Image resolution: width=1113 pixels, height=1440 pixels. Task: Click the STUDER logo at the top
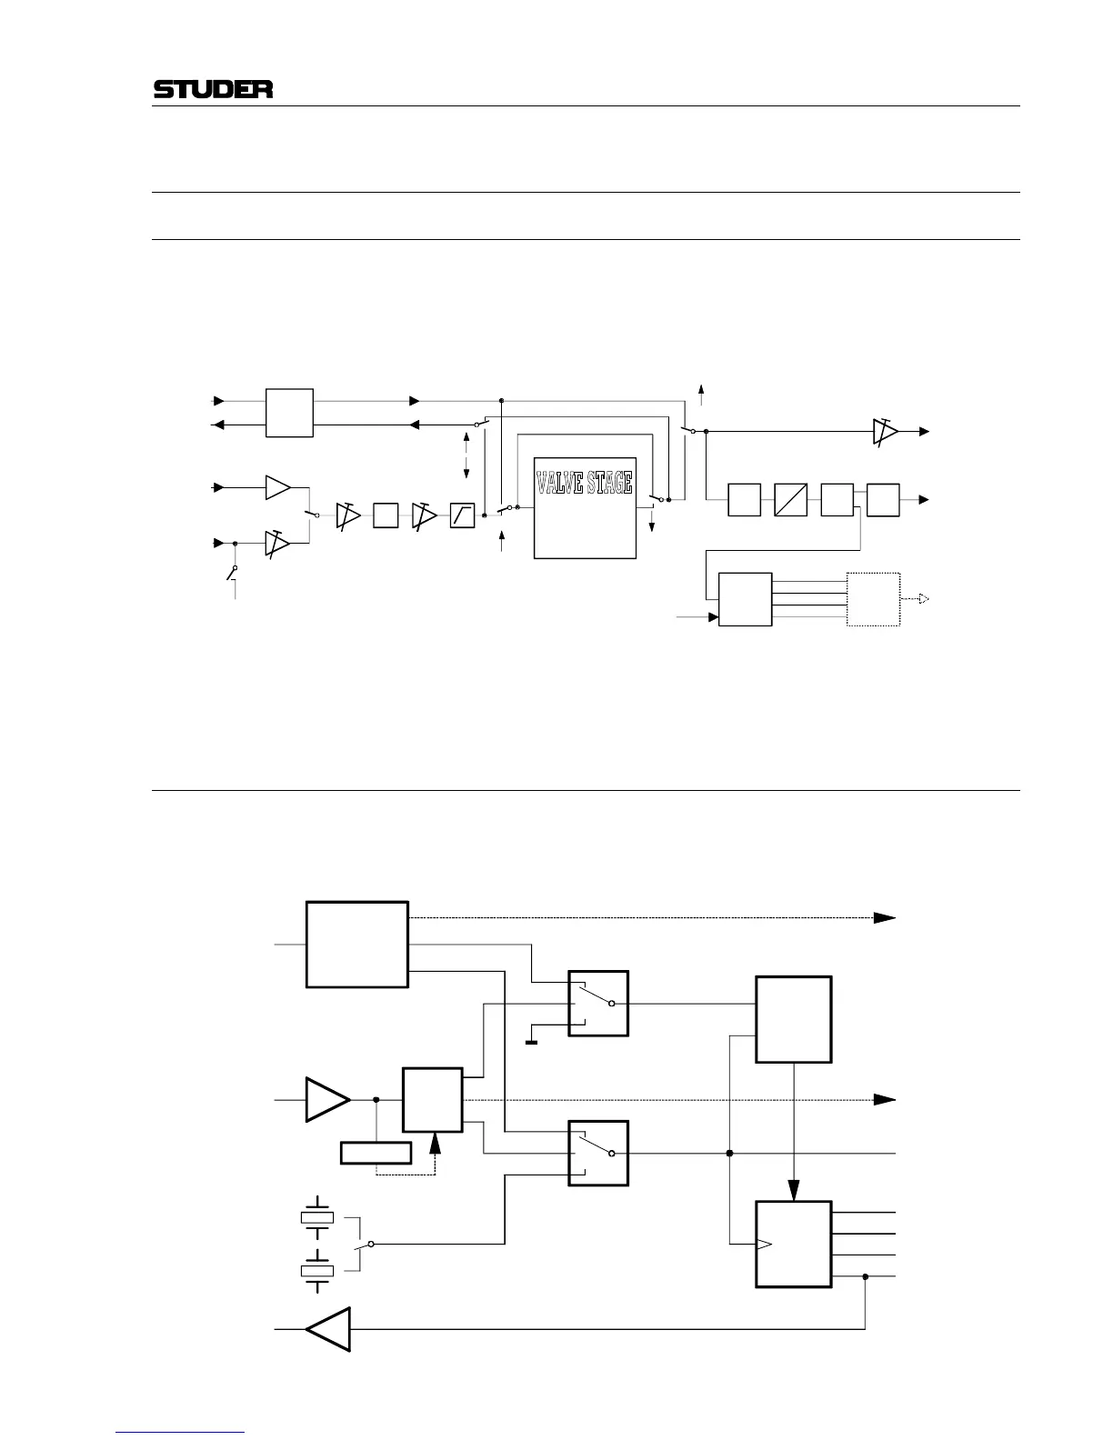pyautogui.click(x=213, y=90)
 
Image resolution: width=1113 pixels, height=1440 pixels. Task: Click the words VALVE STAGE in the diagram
pyautogui.click(x=584, y=483)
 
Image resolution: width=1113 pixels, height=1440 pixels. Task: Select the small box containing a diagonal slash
pyautogui.click(x=791, y=500)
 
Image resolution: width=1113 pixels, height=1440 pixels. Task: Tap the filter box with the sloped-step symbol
pyautogui.click(x=462, y=515)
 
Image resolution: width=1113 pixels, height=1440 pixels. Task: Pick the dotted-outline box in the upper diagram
pyautogui.click(x=873, y=599)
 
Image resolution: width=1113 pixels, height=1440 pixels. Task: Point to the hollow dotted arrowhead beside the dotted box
pyautogui.click(x=922, y=599)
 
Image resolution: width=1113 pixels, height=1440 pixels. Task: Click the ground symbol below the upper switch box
pyautogui.click(x=531, y=1042)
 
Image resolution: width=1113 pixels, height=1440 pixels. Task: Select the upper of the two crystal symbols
pyautogui.click(x=316, y=1217)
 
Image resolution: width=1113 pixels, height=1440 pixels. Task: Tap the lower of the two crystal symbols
pyautogui.click(x=316, y=1270)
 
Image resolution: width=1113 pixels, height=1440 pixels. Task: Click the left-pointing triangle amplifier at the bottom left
pyautogui.click(x=327, y=1329)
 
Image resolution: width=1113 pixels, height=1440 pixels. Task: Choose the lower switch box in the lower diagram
pyautogui.click(x=598, y=1153)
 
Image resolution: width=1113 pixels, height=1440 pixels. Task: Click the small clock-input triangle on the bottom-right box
pyautogui.click(x=764, y=1244)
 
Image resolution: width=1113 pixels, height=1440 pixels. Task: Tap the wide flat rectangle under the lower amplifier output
pyautogui.click(x=376, y=1153)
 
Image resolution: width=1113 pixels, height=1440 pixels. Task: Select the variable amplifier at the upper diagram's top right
pyautogui.click(x=884, y=432)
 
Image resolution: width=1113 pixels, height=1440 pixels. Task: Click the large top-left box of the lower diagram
pyautogui.click(x=356, y=944)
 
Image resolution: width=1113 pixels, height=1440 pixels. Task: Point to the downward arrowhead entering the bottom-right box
pyautogui.click(x=794, y=1190)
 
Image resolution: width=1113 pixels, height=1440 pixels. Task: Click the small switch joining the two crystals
pyautogui.click(x=361, y=1244)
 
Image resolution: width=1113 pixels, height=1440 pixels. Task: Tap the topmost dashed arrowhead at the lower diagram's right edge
pyautogui.click(x=884, y=918)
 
